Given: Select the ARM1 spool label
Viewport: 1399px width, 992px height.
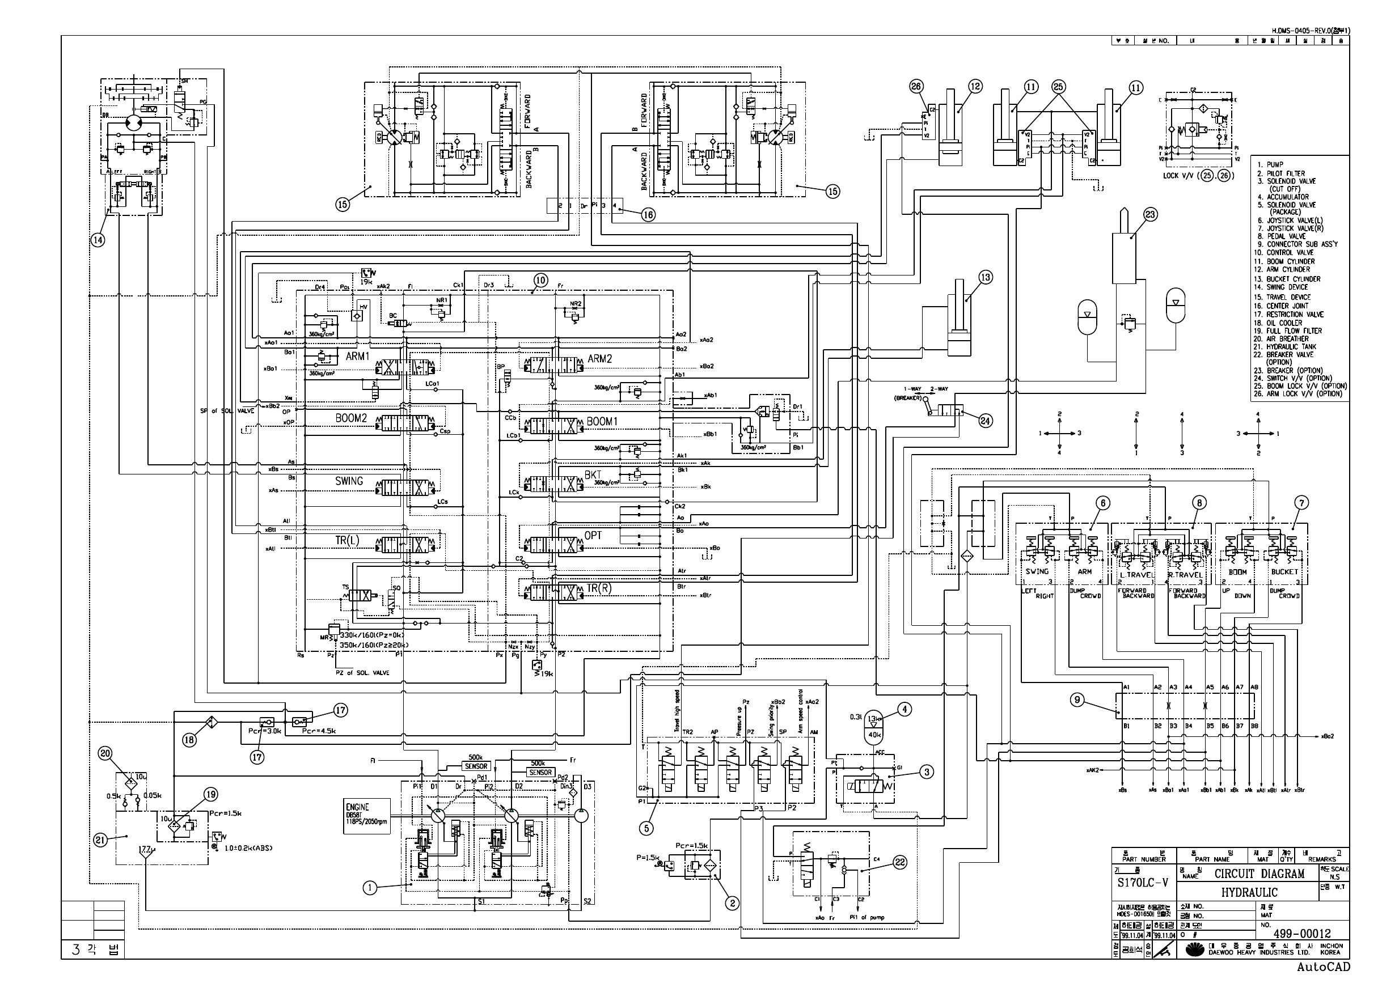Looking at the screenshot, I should coord(357,356).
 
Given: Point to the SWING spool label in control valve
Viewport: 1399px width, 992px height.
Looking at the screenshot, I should coord(349,481).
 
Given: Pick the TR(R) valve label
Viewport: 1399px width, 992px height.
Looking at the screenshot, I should coord(599,588).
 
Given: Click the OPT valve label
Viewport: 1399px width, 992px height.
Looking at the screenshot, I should coord(593,536).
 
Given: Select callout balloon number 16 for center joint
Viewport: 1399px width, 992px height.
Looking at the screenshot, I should coord(648,214).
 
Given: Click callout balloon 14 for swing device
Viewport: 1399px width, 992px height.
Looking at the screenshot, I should coord(98,240).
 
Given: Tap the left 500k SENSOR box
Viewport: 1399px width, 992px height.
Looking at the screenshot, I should coord(476,766).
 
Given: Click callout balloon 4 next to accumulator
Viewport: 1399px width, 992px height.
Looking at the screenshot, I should coord(904,709).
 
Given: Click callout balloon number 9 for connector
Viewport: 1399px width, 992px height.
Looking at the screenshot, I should coord(1077,700).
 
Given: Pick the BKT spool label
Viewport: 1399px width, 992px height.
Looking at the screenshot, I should coord(593,474).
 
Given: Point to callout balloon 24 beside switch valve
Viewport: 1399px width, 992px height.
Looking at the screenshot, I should coord(986,420).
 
